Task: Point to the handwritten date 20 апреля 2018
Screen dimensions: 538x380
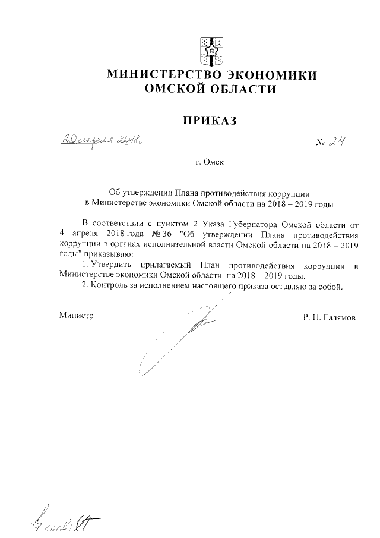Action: pos(103,140)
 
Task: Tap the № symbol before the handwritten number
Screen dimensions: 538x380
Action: pos(320,144)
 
